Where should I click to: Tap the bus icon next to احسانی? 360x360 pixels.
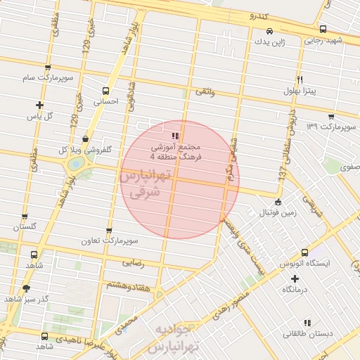(x=105, y=91)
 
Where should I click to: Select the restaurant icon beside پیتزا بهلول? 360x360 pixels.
(x=300, y=79)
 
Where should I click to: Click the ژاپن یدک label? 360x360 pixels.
(x=270, y=43)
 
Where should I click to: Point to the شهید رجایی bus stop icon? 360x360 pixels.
(x=323, y=30)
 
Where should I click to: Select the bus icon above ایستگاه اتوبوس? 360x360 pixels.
(x=304, y=252)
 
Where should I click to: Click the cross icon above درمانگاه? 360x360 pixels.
(x=295, y=278)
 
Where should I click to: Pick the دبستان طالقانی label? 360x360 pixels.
(x=304, y=335)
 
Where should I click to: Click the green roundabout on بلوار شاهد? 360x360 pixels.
(x=74, y=164)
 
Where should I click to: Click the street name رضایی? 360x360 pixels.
(x=134, y=264)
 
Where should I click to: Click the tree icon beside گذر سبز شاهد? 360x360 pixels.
(x=27, y=288)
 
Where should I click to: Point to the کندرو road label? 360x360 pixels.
(x=251, y=14)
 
